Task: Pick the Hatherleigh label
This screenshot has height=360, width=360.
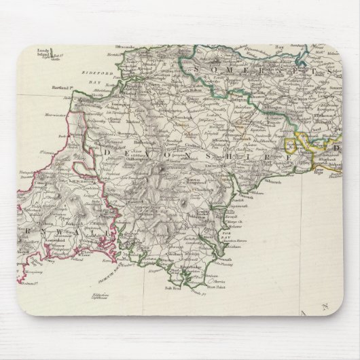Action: (x=129, y=143)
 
